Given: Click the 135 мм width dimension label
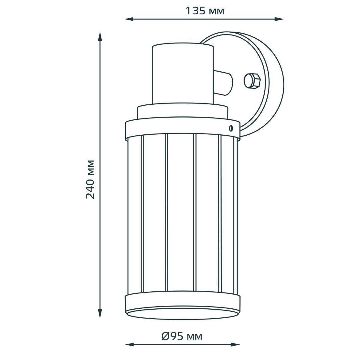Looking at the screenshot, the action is (x=205, y=11).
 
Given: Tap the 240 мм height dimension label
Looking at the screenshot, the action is (x=90, y=179).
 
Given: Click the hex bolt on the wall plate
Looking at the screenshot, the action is (x=252, y=81).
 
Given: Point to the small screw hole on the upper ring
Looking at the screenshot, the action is (x=231, y=128).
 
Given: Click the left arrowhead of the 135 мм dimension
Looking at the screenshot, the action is (x=129, y=19).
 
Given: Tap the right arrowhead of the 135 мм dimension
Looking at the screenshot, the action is (x=280, y=19).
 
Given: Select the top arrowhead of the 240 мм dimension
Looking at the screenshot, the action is (x=100, y=36).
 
